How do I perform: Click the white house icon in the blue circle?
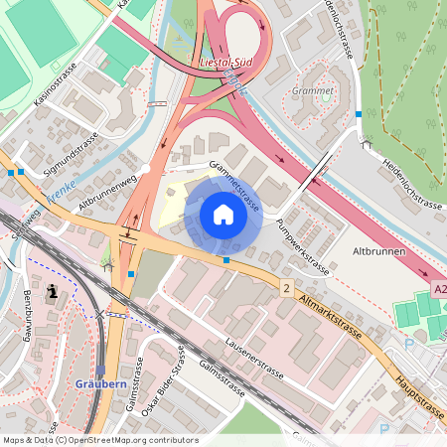[x=223, y=215]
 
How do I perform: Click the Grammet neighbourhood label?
[x=313, y=89]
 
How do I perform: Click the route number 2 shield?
[x=287, y=288]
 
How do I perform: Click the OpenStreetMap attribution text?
[x=100, y=439]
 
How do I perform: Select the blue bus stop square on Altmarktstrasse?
[x=226, y=260]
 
